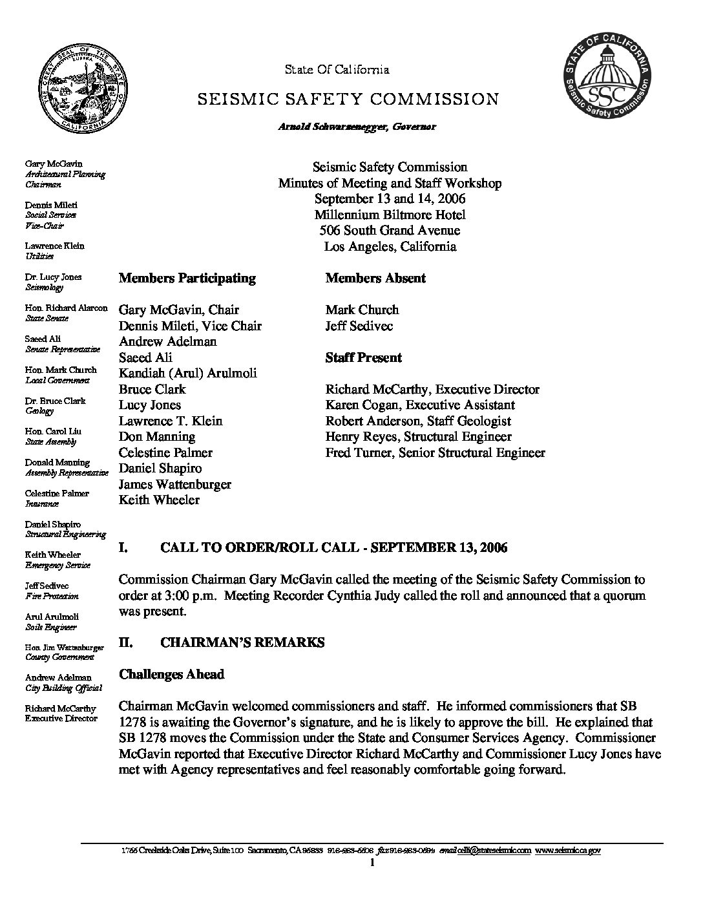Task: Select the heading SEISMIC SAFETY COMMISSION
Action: coord(348,100)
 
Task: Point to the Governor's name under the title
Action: coord(357,127)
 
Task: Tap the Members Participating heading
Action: coord(187,279)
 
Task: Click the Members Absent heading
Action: coord(375,279)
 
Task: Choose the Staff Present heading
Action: coord(363,358)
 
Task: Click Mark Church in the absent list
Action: coord(362,310)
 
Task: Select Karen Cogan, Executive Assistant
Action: coord(420,405)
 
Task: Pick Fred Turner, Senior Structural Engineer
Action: coord(435,453)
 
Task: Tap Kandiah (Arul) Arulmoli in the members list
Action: coord(187,374)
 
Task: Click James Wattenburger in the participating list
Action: coord(175,485)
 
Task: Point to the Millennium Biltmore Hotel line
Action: coord(390,215)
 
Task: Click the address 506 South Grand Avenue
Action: coord(390,231)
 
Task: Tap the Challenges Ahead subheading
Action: coord(171,675)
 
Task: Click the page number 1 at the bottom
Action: coord(373,863)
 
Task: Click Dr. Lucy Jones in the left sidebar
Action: coord(54,277)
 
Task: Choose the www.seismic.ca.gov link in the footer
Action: coord(568,851)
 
